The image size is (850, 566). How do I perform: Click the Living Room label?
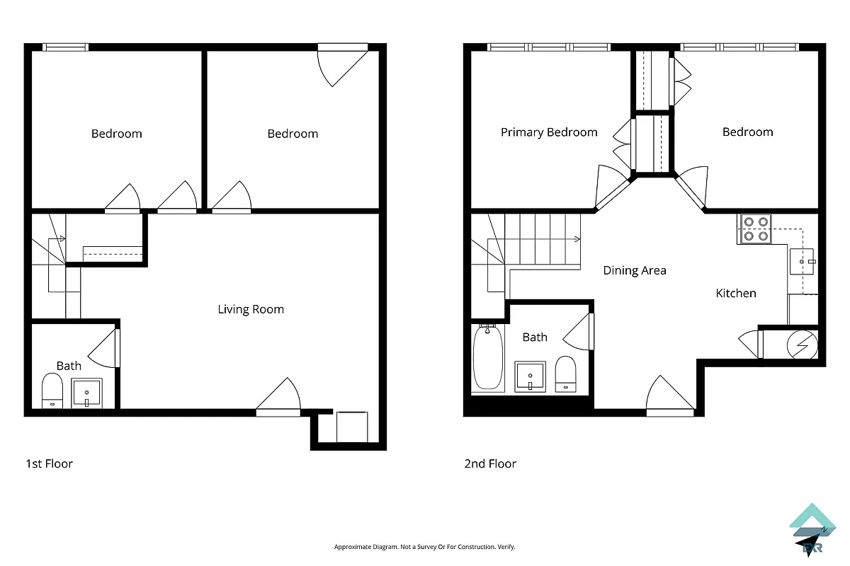click(250, 309)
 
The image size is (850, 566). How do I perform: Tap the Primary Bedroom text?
click(549, 132)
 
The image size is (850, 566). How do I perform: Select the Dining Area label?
click(634, 270)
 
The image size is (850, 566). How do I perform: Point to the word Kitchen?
click(736, 293)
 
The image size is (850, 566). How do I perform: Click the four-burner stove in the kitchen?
click(754, 229)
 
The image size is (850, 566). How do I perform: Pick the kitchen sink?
click(803, 261)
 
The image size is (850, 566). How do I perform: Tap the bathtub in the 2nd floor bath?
click(487, 357)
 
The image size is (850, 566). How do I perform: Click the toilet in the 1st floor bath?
click(52, 391)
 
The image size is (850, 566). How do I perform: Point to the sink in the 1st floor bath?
click(87, 393)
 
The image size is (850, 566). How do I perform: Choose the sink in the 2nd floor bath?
click(530, 376)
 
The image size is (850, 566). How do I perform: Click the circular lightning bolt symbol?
click(803, 346)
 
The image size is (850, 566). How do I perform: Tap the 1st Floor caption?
click(49, 464)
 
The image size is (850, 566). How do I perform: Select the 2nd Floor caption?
click(490, 464)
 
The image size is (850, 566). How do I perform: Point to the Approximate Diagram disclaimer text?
click(424, 547)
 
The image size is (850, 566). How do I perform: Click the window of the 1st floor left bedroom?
click(65, 47)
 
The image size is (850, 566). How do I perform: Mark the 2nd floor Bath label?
click(535, 337)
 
